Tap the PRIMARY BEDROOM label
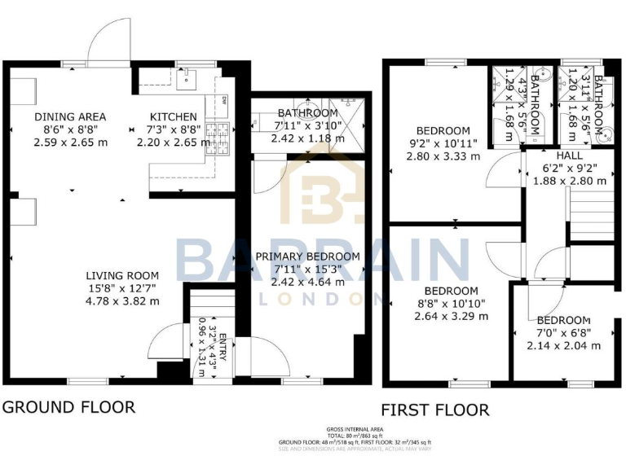[307, 256]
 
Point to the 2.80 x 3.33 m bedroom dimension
[443, 156]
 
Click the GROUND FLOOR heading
[68, 406]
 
